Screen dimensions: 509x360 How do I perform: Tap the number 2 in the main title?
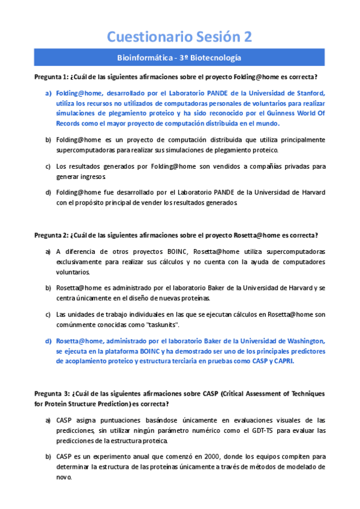tap(247, 37)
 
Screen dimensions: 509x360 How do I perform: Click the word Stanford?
tap(310, 93)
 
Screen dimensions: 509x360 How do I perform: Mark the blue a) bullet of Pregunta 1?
tap(48, 93)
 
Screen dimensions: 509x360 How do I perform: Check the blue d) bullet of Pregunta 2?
tap(48, 340)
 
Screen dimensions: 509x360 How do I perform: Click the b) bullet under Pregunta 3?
tap(48, 456)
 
